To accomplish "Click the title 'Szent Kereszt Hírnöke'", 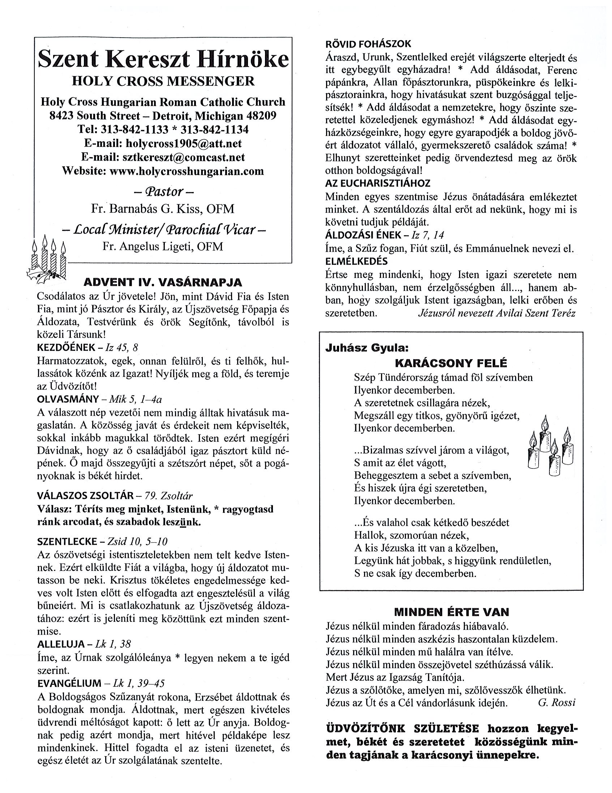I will pos(163,59).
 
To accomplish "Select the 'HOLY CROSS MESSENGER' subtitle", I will pos(163,81).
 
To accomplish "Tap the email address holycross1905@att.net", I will pos(183,143).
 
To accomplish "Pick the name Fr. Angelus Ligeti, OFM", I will pos(163,246).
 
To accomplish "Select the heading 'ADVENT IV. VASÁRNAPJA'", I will pos(163,282).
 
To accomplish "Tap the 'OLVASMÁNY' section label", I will pos(68,399).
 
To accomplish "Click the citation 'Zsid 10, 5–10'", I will pos(137,542).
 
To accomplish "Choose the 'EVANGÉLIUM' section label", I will pos(69,683).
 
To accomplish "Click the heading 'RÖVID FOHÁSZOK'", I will pos(368,44).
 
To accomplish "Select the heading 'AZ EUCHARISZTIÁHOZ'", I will pos(378,183).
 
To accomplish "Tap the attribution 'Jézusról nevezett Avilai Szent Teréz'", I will pos(497,313).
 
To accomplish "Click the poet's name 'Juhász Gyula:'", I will pos(367,348).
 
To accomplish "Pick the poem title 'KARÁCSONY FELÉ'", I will pos(450,363).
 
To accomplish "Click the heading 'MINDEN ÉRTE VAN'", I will pos(451,612).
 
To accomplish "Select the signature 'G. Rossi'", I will pos(557,702).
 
